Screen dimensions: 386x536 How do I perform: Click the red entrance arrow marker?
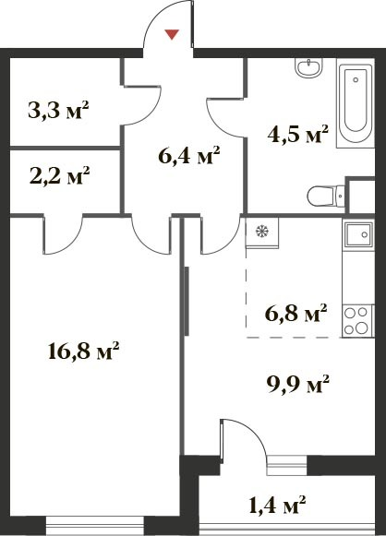(x=172, y=34)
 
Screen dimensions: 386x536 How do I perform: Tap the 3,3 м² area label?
(x=58, y=110)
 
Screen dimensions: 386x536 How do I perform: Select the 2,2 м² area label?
(x=59, y=175)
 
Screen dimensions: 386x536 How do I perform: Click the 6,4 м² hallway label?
(x=189, y=155)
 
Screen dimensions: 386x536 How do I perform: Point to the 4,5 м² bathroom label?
(x=298, y=135)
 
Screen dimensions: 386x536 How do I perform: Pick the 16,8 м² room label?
(x=84, y=351)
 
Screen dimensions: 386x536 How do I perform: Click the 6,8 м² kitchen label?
(x=296, y=313)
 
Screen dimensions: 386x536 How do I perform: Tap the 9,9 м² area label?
(x=297, y=384)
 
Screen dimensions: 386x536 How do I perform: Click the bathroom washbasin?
(x=309, y=67)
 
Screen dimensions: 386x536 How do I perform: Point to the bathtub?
(x=356, y=103)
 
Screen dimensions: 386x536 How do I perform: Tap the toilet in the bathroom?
(x=326, y=197)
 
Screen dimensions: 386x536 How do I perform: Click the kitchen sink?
(x=358, y=234)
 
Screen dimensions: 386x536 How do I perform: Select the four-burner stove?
(x=357, y=321)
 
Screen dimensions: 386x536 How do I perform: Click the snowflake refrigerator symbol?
(x=262, y=232)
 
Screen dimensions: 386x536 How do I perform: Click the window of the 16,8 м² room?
(x=95, y=525)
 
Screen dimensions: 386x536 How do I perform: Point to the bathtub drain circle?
(x=356, y=79)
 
